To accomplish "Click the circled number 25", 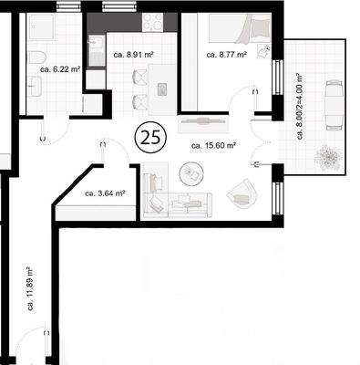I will [x=149, y=139].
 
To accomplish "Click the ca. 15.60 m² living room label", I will [x=213, y=144].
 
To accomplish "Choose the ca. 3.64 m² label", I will [x=104, y=193].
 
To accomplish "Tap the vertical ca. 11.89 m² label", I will [x=31, y=288].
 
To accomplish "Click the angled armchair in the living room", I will [x=241, y=191].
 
